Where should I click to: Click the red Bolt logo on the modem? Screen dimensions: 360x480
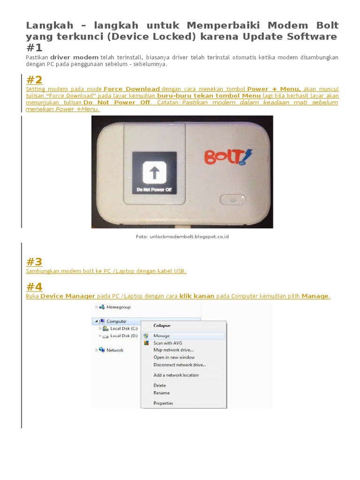pos(228,157)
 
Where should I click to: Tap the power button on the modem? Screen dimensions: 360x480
pos(232,200)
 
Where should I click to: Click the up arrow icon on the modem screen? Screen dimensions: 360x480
pos(154,172)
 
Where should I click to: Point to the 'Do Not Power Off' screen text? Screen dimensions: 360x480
pos(154,189)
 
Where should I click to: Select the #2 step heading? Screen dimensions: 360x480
pos(34,80)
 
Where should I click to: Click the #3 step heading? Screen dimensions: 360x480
pos(34,262)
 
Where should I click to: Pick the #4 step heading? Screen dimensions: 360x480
pos(34,287)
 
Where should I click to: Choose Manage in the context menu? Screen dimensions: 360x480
pos(161,336)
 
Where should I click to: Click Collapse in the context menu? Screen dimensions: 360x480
pos(162,325)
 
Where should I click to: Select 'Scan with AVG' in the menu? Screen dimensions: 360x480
pos(168,343)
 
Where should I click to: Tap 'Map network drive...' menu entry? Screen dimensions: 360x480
pos(173,350)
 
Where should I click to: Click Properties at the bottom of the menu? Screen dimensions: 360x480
pos(163,403)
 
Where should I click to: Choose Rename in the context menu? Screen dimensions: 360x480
pos(162,393)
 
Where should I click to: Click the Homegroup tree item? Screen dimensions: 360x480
pos(118,307)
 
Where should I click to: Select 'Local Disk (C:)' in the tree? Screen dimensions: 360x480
pos(124,329)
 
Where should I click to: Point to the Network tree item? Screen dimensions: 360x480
pos(115,350)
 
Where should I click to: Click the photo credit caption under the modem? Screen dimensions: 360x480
pos(182,237)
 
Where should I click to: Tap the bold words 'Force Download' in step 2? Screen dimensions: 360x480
pos(132,89)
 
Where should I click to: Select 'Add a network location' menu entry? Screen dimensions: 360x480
pos(176,375)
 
